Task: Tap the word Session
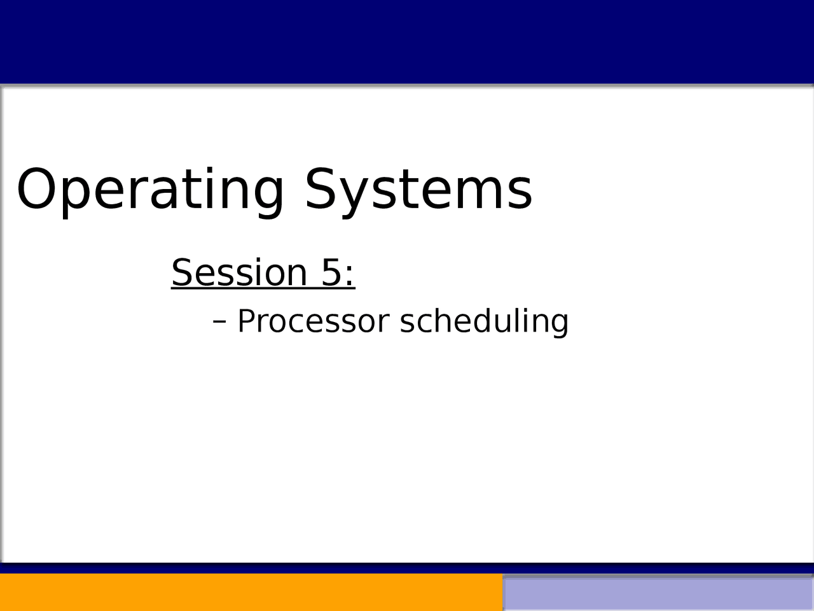(x=239, y=272)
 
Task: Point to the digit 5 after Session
(x=331, y=272)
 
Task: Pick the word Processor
(x=314, y=321)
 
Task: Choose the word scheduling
(x=485, y=322)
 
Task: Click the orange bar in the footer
(x=251, y=593)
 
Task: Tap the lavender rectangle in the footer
(x=659, y=594)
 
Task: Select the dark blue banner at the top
(x=407, y=42)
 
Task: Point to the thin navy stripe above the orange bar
(x=407, y=568)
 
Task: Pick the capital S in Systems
(x=320, y=189)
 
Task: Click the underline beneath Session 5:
(x=263, y=288)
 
